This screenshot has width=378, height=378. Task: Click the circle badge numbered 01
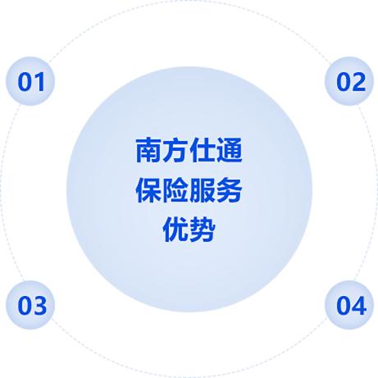coord(30,81)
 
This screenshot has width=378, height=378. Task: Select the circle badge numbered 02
coord(349,81)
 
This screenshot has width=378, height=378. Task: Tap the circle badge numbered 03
coord(30,305)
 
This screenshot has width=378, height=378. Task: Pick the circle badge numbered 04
coord(349,305)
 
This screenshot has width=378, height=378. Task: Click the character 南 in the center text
coord(148,150)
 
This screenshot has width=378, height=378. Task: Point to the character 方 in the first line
coord(175,150)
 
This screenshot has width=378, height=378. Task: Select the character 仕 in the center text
coord(203,150)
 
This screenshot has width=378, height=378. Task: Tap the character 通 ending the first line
coord(229,150)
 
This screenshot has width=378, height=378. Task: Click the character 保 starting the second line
coord(148,190)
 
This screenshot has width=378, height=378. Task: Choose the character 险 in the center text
coord(175,190)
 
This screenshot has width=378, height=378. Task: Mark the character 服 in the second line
coord(203,190)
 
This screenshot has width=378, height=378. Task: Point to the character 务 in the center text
coord(229,190)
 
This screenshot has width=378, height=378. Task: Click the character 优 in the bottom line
coord(175,230)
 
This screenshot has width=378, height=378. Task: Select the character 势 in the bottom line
coord(203,230)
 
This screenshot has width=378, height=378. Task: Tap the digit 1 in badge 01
coord(39,82)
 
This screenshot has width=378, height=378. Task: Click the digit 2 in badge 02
coord(358,82)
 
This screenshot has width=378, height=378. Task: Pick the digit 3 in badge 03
coord(39,305)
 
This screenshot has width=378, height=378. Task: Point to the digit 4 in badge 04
coord(358,305)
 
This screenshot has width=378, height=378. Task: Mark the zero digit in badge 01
coord(25,82)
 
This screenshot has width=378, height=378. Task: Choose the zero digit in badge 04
coord(344,305)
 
